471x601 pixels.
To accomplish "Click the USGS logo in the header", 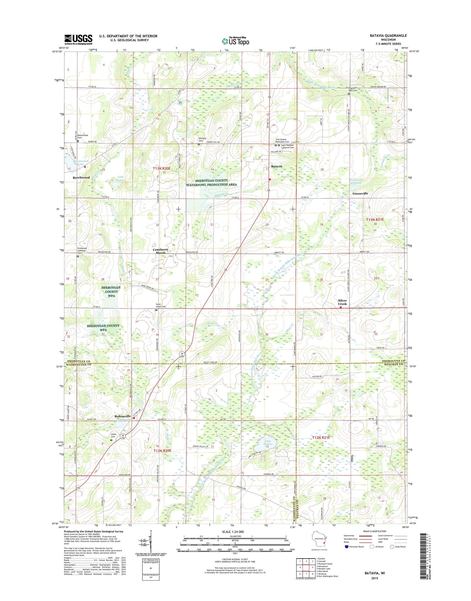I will [x=78, y=39].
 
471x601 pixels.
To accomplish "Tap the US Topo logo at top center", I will [x=235, y=41].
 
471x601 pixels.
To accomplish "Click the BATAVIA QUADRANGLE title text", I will [x=388, y=36].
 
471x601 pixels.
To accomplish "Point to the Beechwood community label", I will [x=81, y=178].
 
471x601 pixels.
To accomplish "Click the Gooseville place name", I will [x=360, y=194].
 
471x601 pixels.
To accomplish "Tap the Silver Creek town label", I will [x=342, y=302].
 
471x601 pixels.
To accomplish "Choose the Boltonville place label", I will [x=122, y=416].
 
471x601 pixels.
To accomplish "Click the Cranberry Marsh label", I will [x=160, y=251].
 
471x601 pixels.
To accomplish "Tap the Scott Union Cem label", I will [x=161, y=305].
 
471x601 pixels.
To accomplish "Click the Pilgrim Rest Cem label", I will [x=353, y=89].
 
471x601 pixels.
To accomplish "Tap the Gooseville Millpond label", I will [x=356, y=181].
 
